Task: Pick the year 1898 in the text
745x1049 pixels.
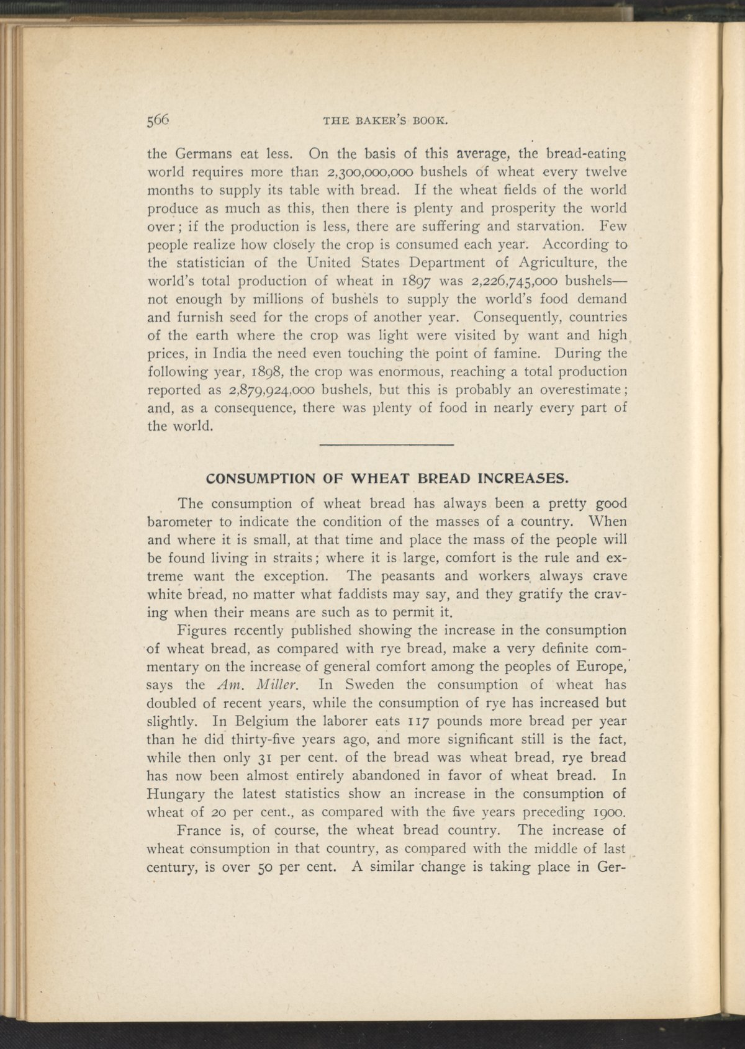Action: (266, 372)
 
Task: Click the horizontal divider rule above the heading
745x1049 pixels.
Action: (388, 445)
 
